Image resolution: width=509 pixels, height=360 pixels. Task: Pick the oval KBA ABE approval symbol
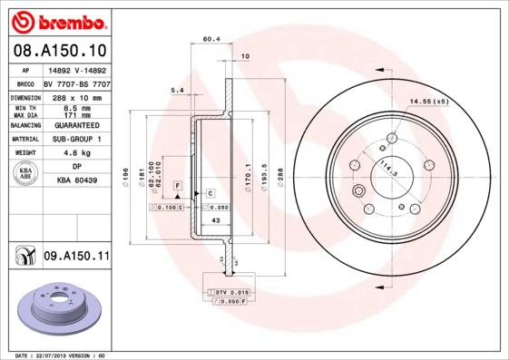tap(25, 174)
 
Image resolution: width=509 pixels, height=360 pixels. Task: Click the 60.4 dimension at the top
tap(211, 39)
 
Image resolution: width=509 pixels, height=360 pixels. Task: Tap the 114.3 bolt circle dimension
tap(389, 166)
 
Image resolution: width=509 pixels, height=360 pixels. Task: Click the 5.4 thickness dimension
tap(177, 89)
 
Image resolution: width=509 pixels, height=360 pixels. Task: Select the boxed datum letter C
tap(210, 193)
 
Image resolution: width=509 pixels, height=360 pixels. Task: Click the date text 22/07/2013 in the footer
tap(56, 355)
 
